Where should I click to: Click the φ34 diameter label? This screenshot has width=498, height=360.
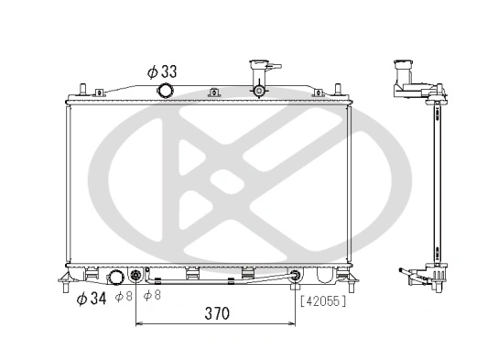tap(92, 298)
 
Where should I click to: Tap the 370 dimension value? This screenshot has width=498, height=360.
tap(215, 313)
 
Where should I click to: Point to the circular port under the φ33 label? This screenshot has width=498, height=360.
tap(166, 91)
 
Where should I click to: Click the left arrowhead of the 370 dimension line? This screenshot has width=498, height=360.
tap(139, 324)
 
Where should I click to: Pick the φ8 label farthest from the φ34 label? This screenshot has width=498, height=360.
tap(155, 297)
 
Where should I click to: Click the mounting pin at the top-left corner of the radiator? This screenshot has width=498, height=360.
tap(82, 90)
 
